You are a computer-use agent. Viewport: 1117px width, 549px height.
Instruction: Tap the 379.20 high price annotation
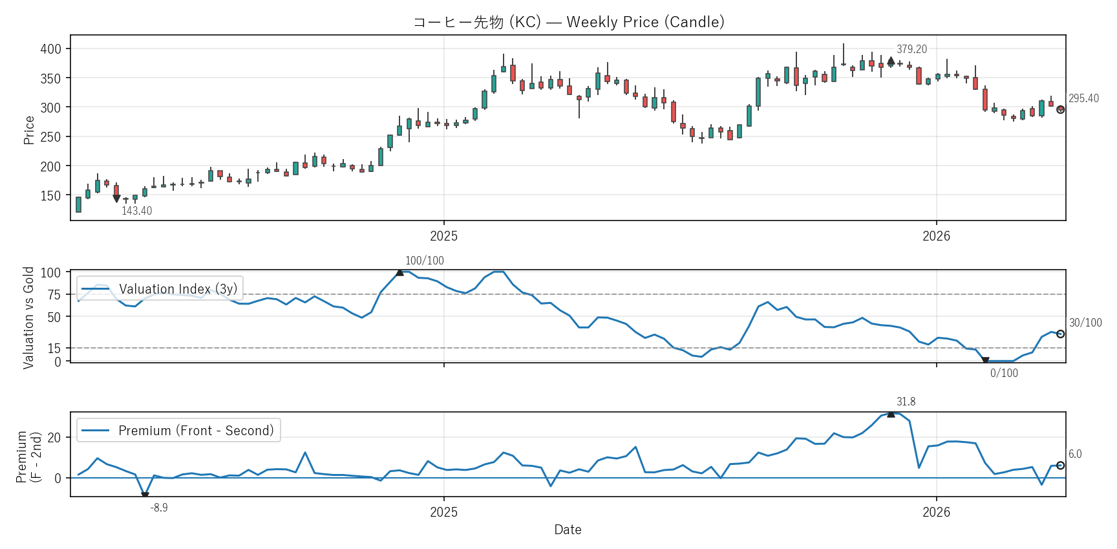click(911, 49)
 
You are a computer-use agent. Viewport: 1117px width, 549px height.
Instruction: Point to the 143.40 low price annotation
click(136, 211)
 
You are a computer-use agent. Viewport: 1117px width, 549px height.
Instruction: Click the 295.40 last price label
click(1083, 98)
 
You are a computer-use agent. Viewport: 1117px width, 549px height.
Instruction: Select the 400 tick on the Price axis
click(50, 49)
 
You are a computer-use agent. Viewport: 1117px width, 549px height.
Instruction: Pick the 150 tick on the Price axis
click(50, 195)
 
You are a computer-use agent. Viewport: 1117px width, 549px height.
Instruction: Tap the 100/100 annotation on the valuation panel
click(424, 261)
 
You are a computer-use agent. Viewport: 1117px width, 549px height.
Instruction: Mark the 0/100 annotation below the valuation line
click(1004, 373)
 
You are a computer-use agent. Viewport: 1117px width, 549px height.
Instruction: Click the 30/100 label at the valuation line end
click(1085, 323)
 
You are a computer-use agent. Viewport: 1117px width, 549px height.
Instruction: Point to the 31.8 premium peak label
click(906, 402)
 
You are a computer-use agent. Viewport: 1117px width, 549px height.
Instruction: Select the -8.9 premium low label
click(159, 508)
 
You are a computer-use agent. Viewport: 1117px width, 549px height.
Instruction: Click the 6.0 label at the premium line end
click(1075, 454)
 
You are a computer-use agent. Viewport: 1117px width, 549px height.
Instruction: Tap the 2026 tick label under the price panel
click(936, 236)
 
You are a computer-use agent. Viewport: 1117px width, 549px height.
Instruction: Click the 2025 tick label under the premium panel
click(443, 512)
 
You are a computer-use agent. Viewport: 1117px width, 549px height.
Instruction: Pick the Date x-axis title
click(568, 530)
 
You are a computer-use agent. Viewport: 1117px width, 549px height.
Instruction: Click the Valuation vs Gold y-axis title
click(28, 318)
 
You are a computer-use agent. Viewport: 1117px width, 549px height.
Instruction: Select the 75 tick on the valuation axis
click(54, 295)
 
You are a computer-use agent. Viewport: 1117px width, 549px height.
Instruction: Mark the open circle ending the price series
click(1060, 110)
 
